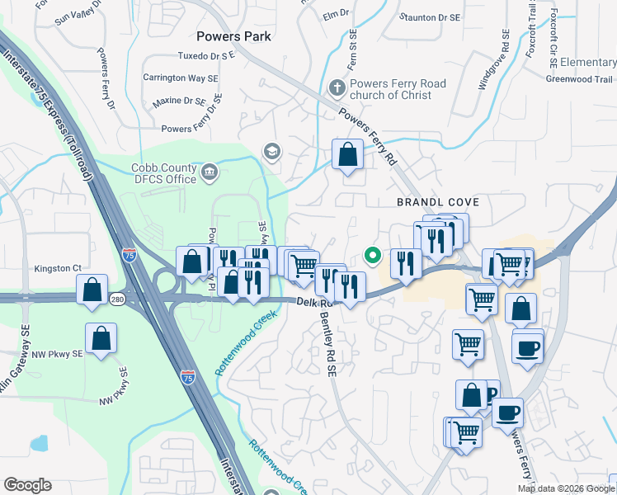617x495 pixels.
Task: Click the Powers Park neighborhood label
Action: (x=234, y=35)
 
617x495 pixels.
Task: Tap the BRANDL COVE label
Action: (x=438, y=202)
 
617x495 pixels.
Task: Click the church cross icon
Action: (x=337, y=87)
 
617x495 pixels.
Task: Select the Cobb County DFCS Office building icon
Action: (x=210, y=173)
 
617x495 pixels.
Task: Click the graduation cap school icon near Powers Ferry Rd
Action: (x=271, y=151)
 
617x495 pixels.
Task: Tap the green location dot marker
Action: (x=372, y=256)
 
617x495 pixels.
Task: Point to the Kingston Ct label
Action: (x=58, y=268)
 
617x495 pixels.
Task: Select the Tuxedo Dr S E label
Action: (x=206, y=56)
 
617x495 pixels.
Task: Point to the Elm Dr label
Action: (x=337, y=14)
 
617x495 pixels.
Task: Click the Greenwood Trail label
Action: (x=579, y=79)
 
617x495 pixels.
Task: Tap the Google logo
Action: (x=28, y=485)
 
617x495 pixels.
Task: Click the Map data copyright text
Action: (x=567, y=488)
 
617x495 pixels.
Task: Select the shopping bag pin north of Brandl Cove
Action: (x=348, y=154)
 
